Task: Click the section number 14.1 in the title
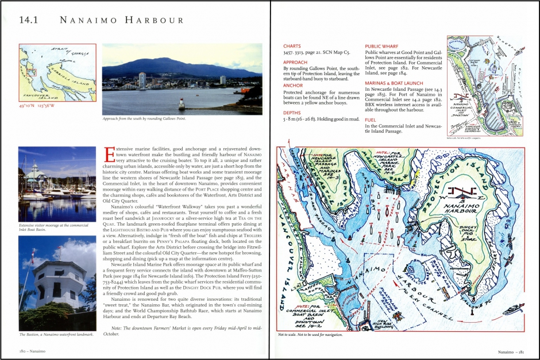[x=29, y=21]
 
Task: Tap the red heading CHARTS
[x=293, y=46]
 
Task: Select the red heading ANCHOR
[x=294, y=86]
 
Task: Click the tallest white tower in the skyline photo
[x=142, y=80]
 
